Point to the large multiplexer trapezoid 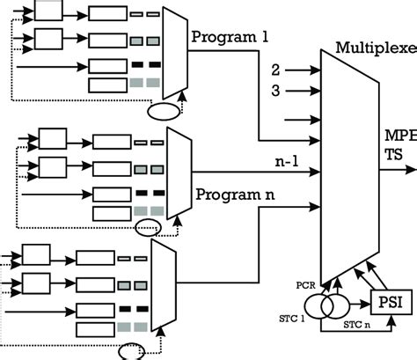[x=348, y=167]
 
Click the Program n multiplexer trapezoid [x=179, y=173]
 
